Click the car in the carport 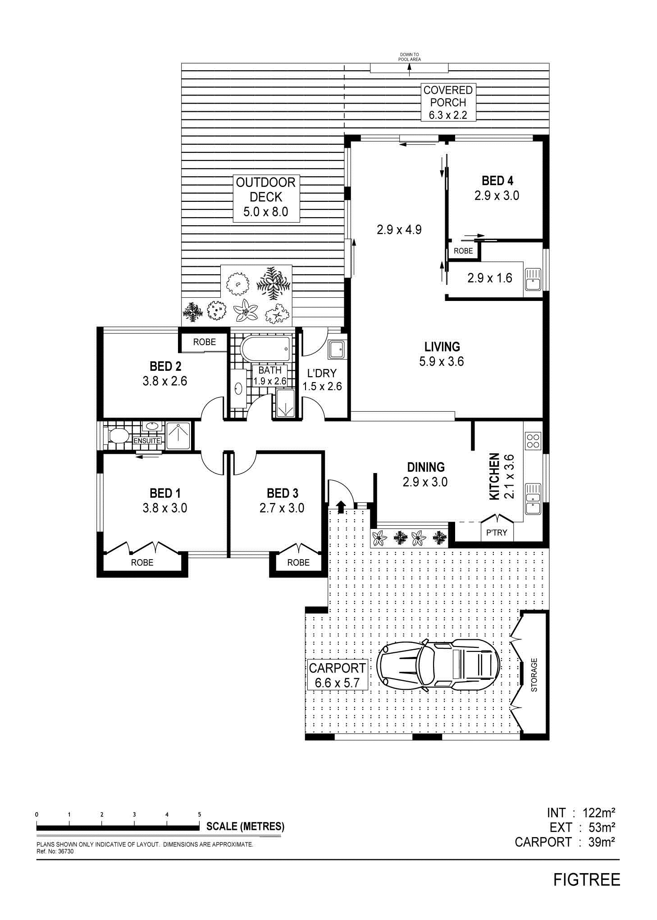point(438,665)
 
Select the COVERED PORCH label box point(448,102)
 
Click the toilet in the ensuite point(118,436)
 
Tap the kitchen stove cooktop point(533,440)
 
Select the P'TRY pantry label point(497,533)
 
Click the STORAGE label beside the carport point(534,675)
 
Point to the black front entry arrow point(341,507)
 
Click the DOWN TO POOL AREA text point(409,57)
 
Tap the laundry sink point(337,349)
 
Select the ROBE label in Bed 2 point(205,342)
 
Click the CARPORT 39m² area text point(565,842)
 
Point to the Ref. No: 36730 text point(55,852)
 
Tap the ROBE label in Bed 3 point(298,562)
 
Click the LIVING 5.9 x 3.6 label point(442,354)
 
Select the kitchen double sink point(533,499)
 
